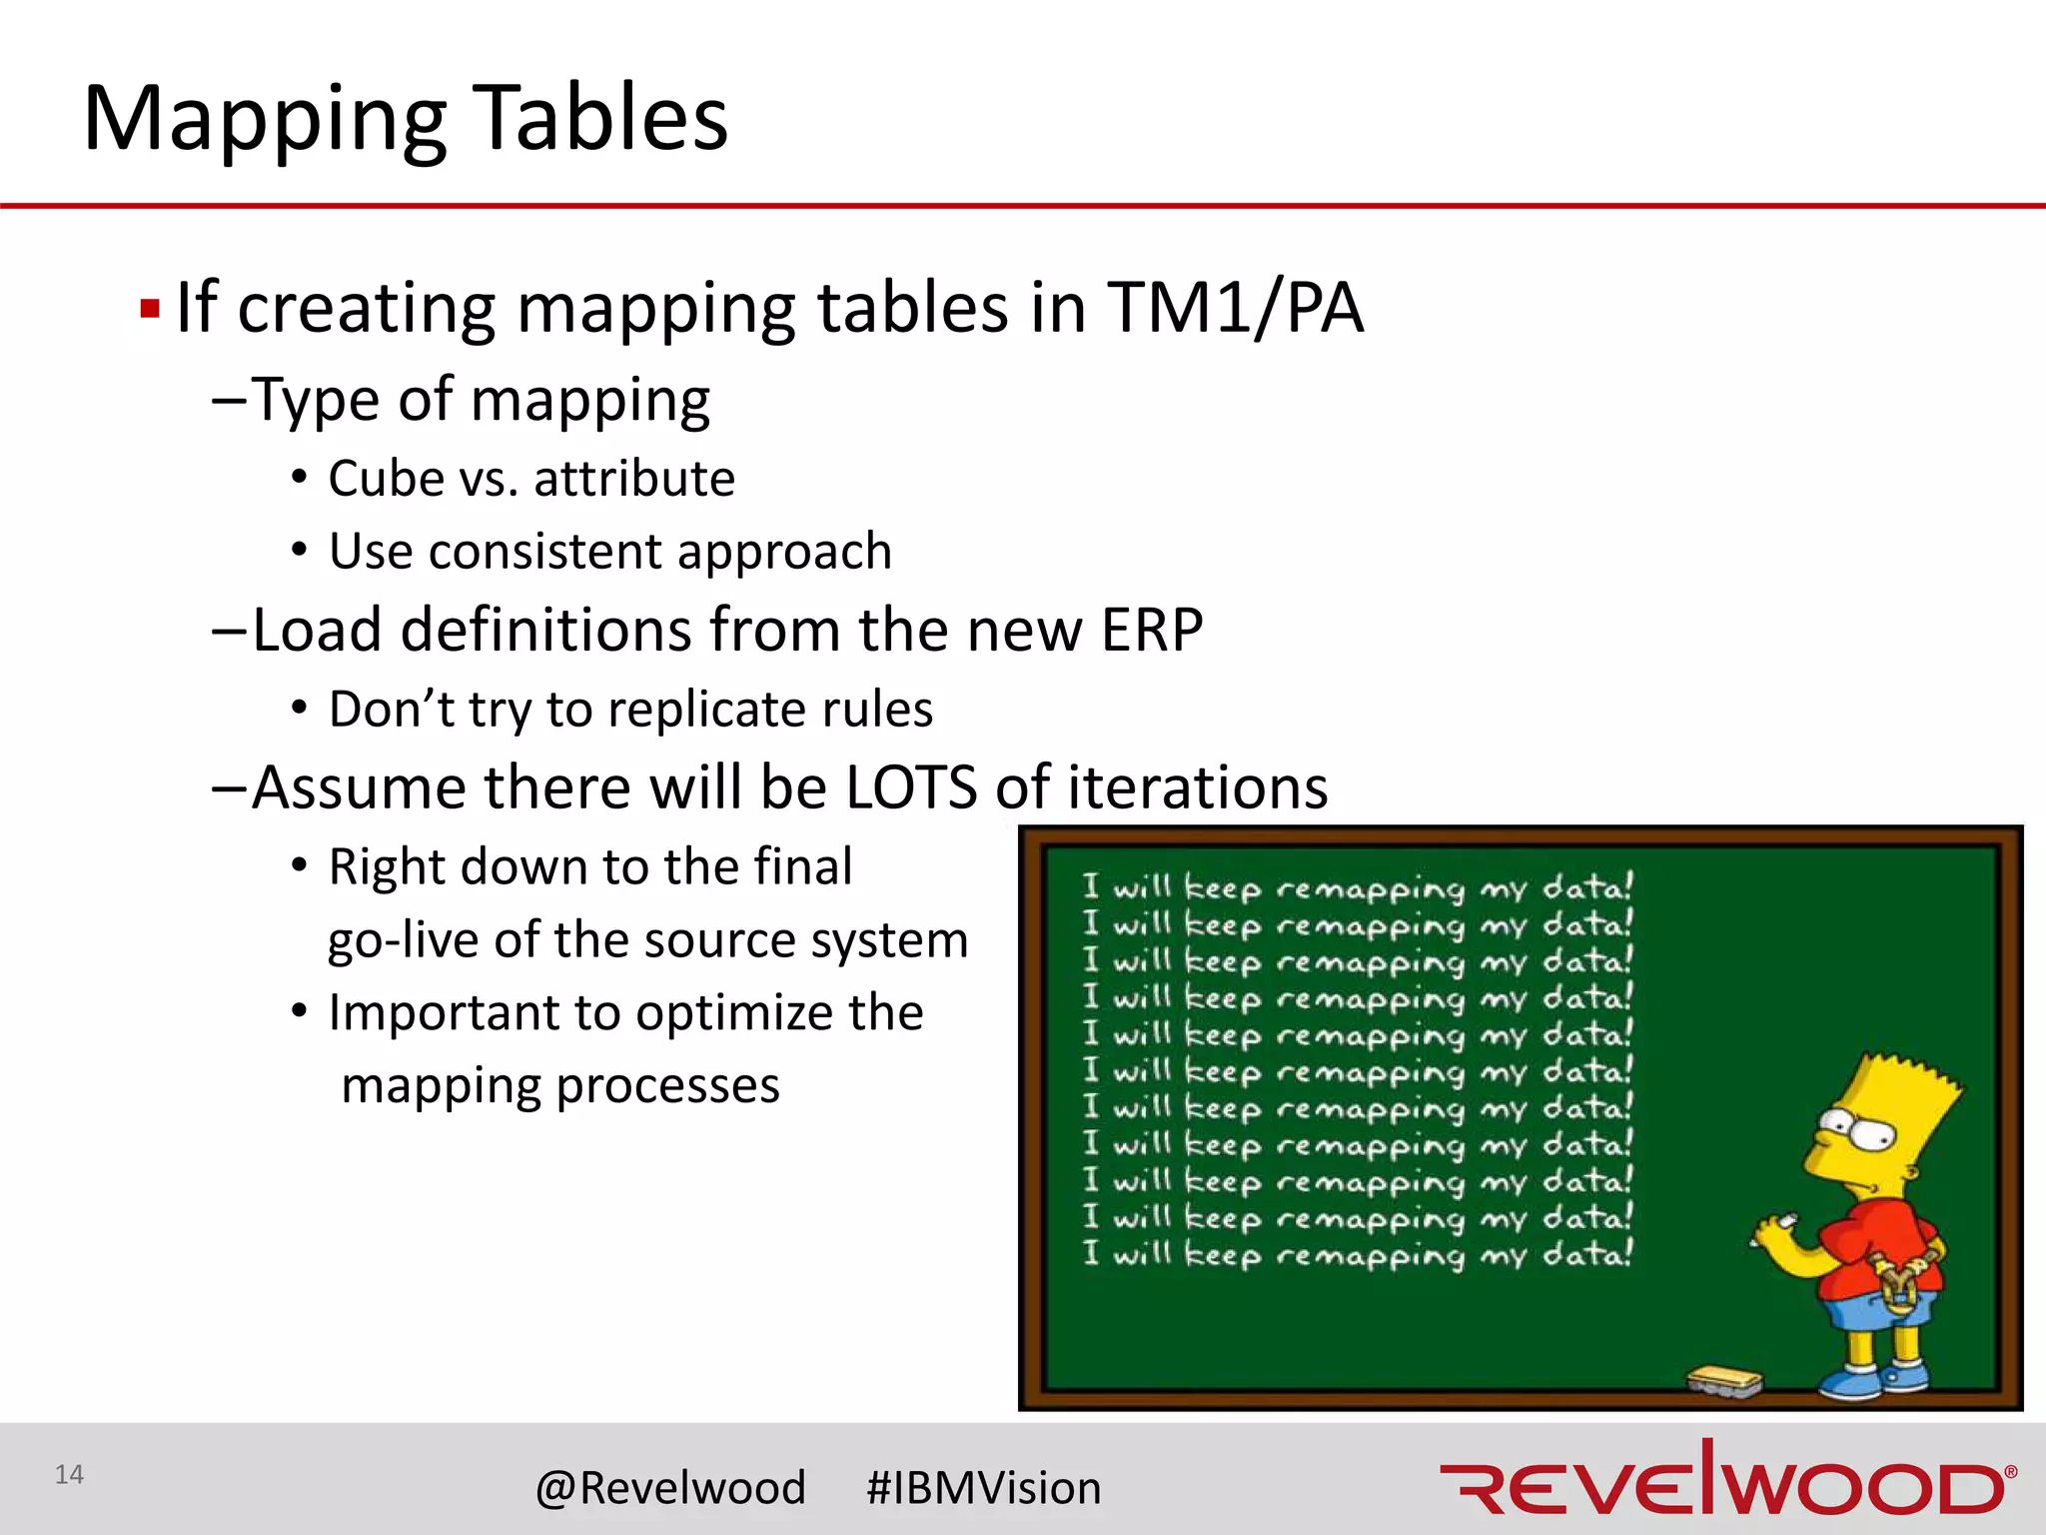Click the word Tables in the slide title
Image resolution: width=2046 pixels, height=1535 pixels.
point(599,118)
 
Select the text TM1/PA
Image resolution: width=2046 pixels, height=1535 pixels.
point(1235,308)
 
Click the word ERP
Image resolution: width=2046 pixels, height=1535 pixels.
point(1151,631)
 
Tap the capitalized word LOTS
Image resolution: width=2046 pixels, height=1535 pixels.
point(911,787)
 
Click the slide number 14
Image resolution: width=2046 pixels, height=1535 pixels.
point(69,1475)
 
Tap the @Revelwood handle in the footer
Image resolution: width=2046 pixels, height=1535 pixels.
point(670,1488)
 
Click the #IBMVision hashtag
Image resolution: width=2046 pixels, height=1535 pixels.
point(983,1488)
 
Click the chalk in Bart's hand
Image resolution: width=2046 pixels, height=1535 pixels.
point(1773,1225)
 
